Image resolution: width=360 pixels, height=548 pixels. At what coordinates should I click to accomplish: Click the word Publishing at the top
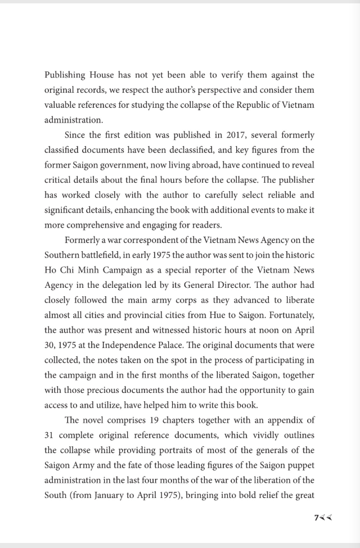pos(65,75)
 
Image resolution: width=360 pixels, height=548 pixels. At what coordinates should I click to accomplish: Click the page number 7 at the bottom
pos(317,517)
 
